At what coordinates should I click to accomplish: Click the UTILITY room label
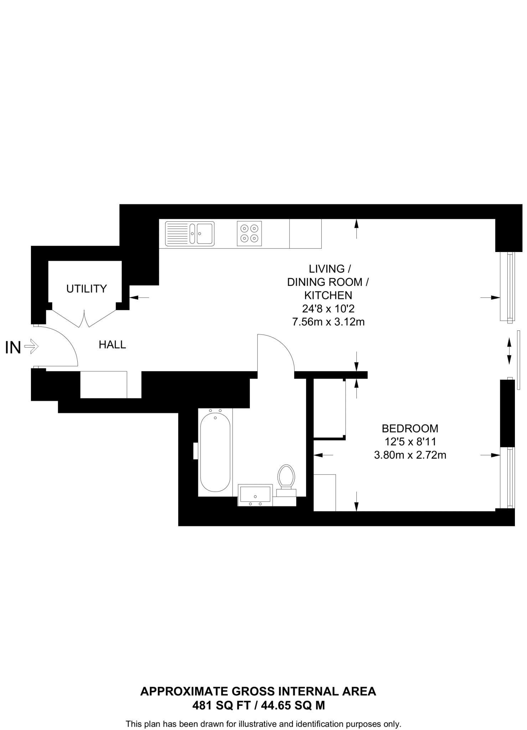click(x=87, y=288)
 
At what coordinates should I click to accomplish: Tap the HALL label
click(x=112, y=345)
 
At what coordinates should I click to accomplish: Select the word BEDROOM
click(x=410, y=428)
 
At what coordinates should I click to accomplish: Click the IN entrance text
click(x=13, y=348)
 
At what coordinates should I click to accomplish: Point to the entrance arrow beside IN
click(x=32, y=346)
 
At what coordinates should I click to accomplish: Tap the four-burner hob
click(x=249, y=233)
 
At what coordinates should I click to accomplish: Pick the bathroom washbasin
click(x=255, y=495)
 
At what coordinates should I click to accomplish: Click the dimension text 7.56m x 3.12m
click(x=328, y=322)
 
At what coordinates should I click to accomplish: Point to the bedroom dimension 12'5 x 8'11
click(x=410, y=442)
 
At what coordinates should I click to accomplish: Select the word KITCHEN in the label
click(x=328, y=295)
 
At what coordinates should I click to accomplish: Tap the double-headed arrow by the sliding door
click(x=509, y=351)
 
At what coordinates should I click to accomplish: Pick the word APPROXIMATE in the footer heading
click(x=184, y=692)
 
